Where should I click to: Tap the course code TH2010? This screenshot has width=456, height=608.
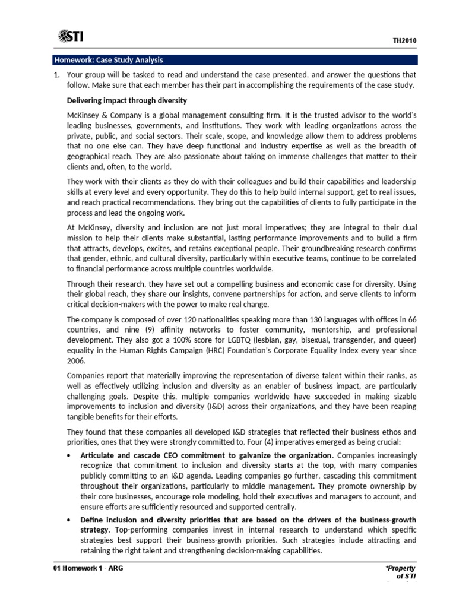coord(405,40)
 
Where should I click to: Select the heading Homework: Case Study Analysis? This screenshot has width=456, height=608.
coord(108,60)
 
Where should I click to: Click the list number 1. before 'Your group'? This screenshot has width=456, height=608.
coord(57,75)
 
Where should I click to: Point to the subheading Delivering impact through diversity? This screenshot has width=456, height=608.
coord(127,100)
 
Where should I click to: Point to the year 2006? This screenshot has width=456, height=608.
coord(76,360)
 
